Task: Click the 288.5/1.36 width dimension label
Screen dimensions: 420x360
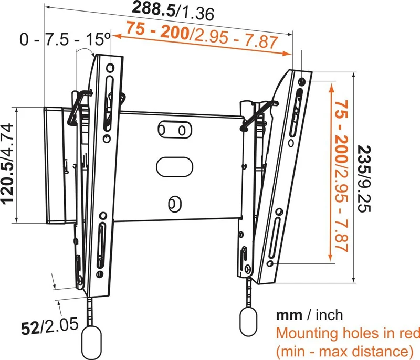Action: click(173, 10)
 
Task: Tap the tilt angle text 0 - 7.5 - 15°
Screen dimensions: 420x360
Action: click(65, 39)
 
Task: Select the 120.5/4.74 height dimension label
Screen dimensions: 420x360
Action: click(8, 164)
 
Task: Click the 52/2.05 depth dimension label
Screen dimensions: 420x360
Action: click(49, 326)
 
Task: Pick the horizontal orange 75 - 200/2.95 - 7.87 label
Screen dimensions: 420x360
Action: click(202, 35)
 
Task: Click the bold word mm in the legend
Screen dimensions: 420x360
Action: click(289, 315)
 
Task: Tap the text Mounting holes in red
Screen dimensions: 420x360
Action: click(348, 333)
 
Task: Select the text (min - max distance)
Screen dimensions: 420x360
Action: click(345, 351)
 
